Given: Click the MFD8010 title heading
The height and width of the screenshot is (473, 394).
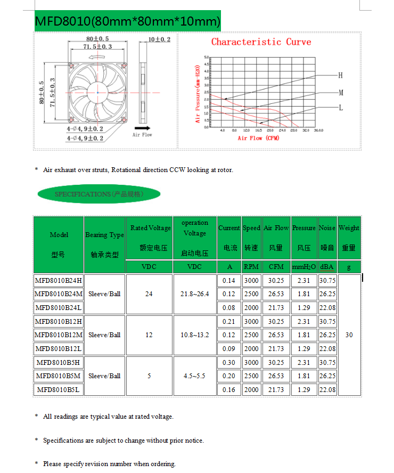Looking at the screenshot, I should [127, 21].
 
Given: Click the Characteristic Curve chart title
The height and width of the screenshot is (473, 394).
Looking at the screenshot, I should [261, 42].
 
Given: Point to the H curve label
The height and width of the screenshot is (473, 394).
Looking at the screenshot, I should [341, 75].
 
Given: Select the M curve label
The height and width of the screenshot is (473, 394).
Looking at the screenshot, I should [341, 92].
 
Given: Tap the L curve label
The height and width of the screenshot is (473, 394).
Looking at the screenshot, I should [341, 107].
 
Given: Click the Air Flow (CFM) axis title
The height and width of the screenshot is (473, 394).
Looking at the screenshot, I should [258, 138].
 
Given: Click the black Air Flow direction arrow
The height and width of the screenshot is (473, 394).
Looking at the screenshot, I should [142, 128].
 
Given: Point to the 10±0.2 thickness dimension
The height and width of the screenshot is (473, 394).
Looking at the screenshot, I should [159, 39].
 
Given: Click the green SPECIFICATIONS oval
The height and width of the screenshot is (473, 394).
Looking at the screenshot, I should [99, 194].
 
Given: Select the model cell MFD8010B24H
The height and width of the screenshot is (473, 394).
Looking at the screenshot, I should [59, 280].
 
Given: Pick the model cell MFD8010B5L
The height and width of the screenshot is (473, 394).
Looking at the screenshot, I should [59, 389].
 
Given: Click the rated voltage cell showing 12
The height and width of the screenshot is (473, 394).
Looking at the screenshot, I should [149, 335].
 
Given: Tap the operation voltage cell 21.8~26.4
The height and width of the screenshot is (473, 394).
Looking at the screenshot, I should [195, 293].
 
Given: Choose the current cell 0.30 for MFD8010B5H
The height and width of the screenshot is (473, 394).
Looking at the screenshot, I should [229, 362].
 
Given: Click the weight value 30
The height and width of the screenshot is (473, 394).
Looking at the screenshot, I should [349, 335].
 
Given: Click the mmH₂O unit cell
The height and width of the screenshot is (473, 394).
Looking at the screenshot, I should [304, 266].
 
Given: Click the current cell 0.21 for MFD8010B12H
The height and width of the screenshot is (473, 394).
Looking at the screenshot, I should [229, 321].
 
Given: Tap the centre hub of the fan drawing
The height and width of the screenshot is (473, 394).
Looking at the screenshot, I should [97, 93].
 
